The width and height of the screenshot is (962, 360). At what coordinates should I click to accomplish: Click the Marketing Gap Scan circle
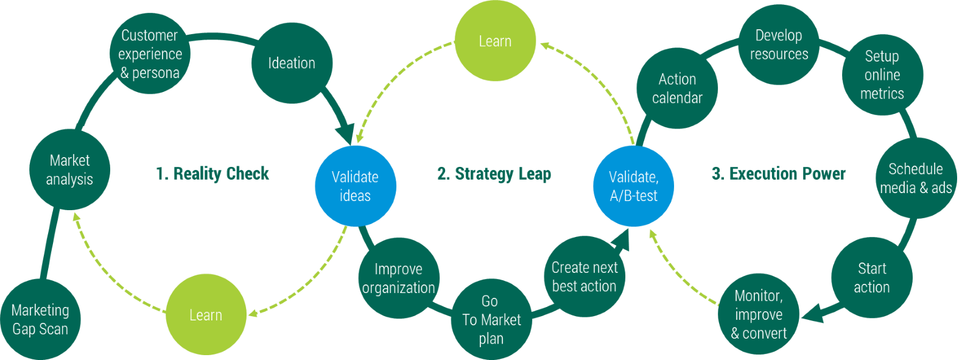click(40, 320)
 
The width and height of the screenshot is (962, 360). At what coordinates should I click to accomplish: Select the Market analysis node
click(69, 169)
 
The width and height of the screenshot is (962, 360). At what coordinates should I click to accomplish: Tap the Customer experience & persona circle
click(150, 54)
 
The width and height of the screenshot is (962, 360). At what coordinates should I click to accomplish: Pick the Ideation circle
click(292, 63)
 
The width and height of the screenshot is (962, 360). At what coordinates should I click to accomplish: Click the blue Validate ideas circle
click(355, 186)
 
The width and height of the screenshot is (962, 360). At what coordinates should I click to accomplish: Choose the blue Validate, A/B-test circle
click(633, 186)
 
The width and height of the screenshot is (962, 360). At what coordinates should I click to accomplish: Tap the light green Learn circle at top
click(495, 41)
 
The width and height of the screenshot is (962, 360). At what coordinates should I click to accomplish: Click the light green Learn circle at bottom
click(206, 315)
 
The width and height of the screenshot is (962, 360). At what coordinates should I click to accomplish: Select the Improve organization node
click(398, 278)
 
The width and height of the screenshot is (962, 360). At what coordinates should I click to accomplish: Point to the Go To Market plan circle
click(491, 320)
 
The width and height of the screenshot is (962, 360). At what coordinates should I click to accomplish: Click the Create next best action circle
click(584, 277)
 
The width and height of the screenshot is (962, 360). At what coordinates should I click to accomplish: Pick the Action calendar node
click(677, 88)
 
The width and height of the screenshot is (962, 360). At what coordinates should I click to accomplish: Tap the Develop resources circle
click(779, 44)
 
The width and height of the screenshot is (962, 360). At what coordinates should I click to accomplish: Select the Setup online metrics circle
click(882, 74)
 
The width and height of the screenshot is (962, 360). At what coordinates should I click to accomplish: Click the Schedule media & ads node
click(916, 178)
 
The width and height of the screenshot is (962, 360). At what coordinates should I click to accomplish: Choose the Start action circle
click(871, 278)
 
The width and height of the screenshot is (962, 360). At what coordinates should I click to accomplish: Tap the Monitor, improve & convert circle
click(759, 314)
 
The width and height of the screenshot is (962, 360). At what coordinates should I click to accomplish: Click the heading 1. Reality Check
click(212, 174)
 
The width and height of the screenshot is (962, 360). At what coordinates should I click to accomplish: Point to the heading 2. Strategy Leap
click(494, 174)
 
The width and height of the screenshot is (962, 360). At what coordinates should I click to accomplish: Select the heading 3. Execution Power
click(779, 174)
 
